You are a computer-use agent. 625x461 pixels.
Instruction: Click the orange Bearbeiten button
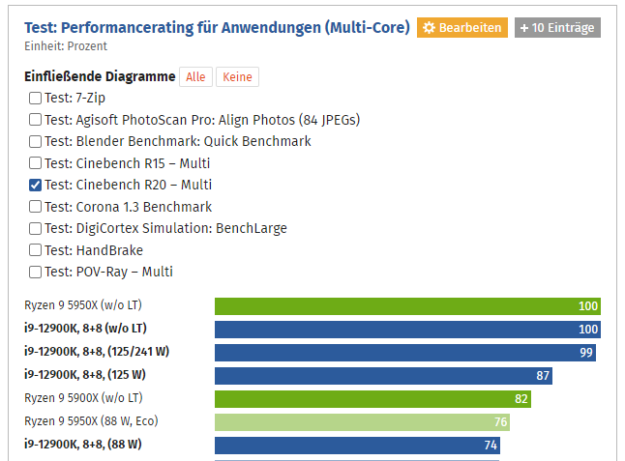(461, 28)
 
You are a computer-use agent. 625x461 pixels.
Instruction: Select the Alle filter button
(195, 77)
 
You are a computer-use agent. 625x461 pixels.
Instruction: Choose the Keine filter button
(237, 77)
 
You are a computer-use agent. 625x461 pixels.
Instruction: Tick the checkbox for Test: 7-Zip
(36, 98)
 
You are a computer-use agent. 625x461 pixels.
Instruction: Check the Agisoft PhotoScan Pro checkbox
(36, 120)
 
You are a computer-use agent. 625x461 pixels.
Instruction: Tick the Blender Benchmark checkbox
(36, 141)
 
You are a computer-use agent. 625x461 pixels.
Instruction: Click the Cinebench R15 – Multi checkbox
(36, 163)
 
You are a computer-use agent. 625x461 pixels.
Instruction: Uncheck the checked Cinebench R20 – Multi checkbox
(36, 185)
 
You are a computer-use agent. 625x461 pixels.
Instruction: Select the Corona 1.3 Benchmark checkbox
(36, 207)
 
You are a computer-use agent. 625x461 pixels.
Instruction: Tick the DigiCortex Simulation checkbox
(36, 228)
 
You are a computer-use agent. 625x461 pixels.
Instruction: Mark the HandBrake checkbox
(36, 250)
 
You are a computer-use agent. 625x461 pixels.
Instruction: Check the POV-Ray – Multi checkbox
(36, 272)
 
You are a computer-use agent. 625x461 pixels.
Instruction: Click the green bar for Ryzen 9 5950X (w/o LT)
(407, 306)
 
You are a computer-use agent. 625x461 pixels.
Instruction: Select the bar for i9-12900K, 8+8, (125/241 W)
(404, 352)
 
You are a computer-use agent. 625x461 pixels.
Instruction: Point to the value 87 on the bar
(543, 375)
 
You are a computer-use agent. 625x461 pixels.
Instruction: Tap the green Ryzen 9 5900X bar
(373, 398)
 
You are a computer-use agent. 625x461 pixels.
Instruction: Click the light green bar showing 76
(362, 421)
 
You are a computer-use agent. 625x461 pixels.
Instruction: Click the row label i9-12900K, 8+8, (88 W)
(83, 445)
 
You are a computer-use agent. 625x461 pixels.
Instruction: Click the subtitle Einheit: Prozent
(66, 45)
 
